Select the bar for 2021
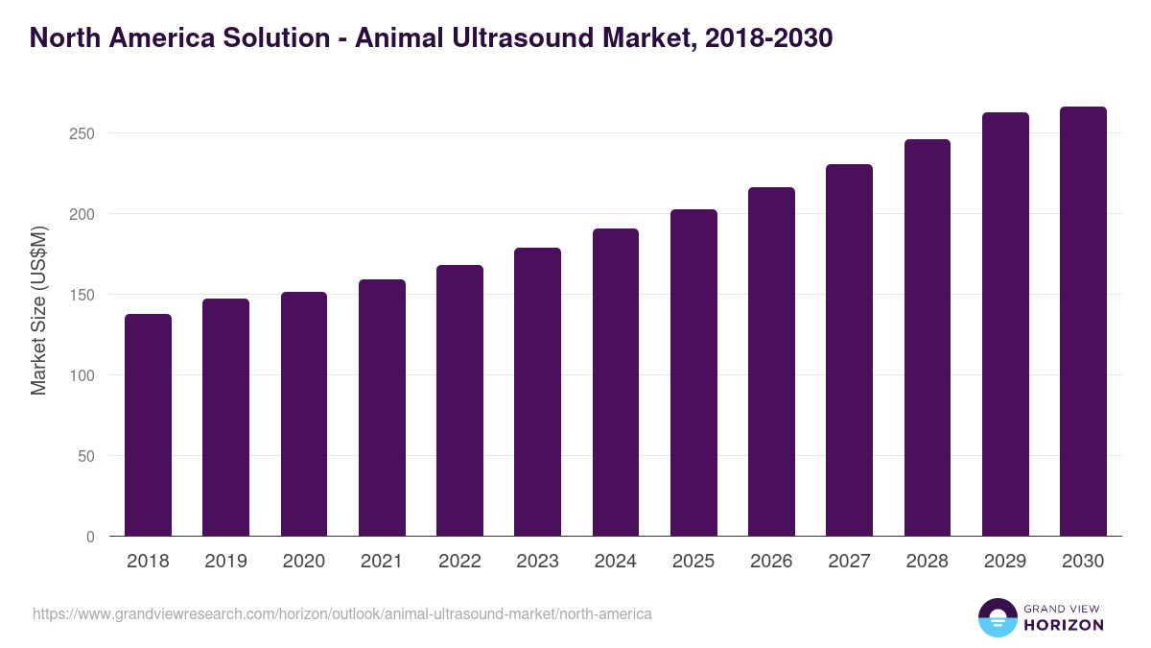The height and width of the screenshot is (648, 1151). (382, 408)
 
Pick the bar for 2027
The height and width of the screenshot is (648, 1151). (849, 350)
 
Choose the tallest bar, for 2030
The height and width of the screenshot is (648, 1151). (1083, 322)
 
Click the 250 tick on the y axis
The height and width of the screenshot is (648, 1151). (82, 133)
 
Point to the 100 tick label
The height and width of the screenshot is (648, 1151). (82, 375)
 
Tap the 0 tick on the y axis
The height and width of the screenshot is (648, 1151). (90, 537)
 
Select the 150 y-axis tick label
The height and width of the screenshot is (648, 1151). (82, 295)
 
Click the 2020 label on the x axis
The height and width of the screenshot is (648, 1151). (303, 562)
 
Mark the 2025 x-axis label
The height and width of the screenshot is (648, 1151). (693, 562)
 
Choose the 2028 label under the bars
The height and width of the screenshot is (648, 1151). (927, 562)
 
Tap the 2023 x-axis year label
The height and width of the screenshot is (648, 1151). (537, 562)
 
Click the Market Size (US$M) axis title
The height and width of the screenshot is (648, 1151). (38, 312)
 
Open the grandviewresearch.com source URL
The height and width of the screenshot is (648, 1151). (342, 613)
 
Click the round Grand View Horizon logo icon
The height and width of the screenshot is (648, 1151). (997, 617)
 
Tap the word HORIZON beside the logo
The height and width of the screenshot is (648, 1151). (1064, 625)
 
